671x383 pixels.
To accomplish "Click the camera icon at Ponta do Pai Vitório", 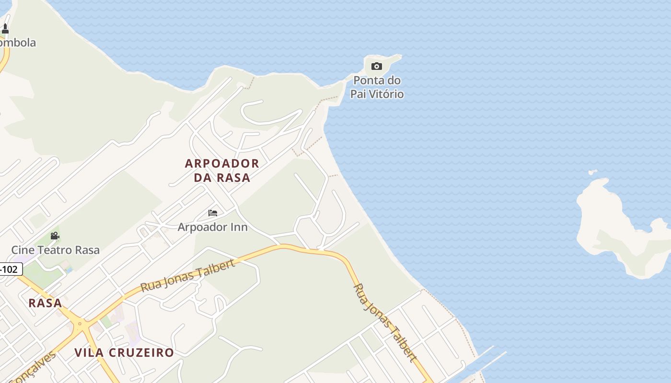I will coord(377,67).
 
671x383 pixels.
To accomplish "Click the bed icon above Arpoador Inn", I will coord(213,213).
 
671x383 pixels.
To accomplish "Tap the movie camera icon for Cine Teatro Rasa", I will coord(55,236).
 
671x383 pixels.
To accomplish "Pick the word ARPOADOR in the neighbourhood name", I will coord(222,163).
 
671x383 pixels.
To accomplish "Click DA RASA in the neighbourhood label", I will coord(222,178).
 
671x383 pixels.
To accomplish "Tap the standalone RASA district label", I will coord(45,303).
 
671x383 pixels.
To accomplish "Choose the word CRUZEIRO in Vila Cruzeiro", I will coord(141,353).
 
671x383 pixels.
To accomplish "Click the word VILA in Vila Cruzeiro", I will coord(90,353).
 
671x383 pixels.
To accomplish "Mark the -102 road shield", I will coord(10,270).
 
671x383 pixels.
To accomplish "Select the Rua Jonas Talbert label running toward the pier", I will coord(385,322).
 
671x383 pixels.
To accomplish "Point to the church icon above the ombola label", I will coord(5,29).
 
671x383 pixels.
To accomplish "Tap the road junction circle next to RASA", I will coord(80,324).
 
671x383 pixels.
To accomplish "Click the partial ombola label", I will coord(18,43).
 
